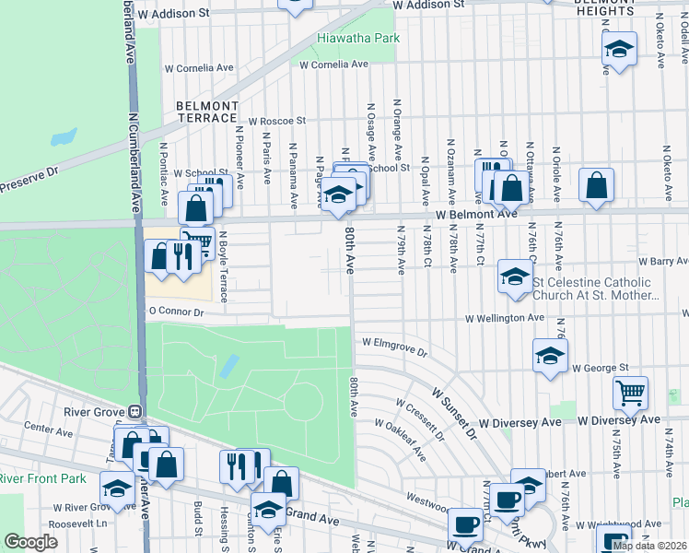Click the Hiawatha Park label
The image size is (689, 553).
(358, 39)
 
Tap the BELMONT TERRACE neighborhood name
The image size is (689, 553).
(207, 112)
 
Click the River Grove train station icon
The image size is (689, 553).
(134, 412)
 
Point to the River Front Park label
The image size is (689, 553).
(41, 478)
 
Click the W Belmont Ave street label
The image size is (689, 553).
(477, 214)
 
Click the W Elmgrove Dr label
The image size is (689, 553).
(395, 347)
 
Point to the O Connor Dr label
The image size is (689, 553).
(175, 312)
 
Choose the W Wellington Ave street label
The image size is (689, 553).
(504, 318)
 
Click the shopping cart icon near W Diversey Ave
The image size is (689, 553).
(630, 394)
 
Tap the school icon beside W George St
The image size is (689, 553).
(550, 356)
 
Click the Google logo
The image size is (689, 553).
(30, 542)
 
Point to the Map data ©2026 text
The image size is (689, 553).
(649, 546)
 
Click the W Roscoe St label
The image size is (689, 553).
(276, 121)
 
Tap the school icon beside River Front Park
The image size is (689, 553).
(117, 489)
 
